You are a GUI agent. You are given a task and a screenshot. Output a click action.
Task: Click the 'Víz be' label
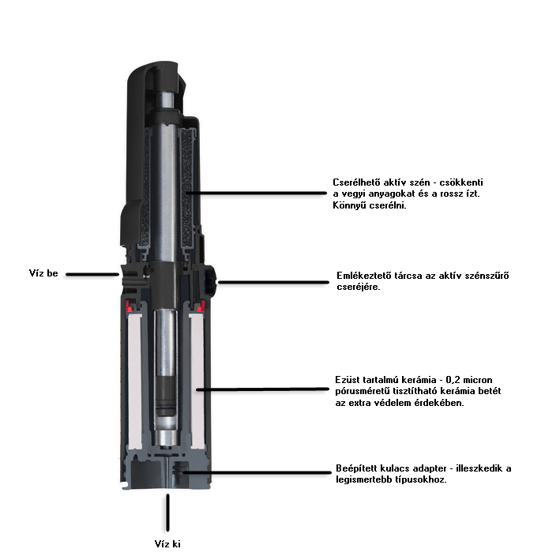click(x=43, y=273)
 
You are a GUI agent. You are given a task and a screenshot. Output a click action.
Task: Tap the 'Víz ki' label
click(x=167, y=544)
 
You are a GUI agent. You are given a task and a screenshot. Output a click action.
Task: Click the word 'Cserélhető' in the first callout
click(x=356, y=182)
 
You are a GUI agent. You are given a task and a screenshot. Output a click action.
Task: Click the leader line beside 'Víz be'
click(x=92, y=274)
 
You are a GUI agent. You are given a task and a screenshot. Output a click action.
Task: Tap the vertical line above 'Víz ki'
click(x=167, y=513)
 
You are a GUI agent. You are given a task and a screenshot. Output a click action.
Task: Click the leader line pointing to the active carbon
click(x=257, y=194)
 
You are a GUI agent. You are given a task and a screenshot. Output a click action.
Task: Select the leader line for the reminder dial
click(x=273, y=282)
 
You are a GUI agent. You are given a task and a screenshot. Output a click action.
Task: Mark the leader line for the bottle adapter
click(x=257, y=472)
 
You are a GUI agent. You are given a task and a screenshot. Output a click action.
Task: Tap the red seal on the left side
click(x=129, y=306)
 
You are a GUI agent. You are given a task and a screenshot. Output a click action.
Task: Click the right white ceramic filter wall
click(x=197, y=381)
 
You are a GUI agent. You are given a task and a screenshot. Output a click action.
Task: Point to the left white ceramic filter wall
click(x=134, y=381)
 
